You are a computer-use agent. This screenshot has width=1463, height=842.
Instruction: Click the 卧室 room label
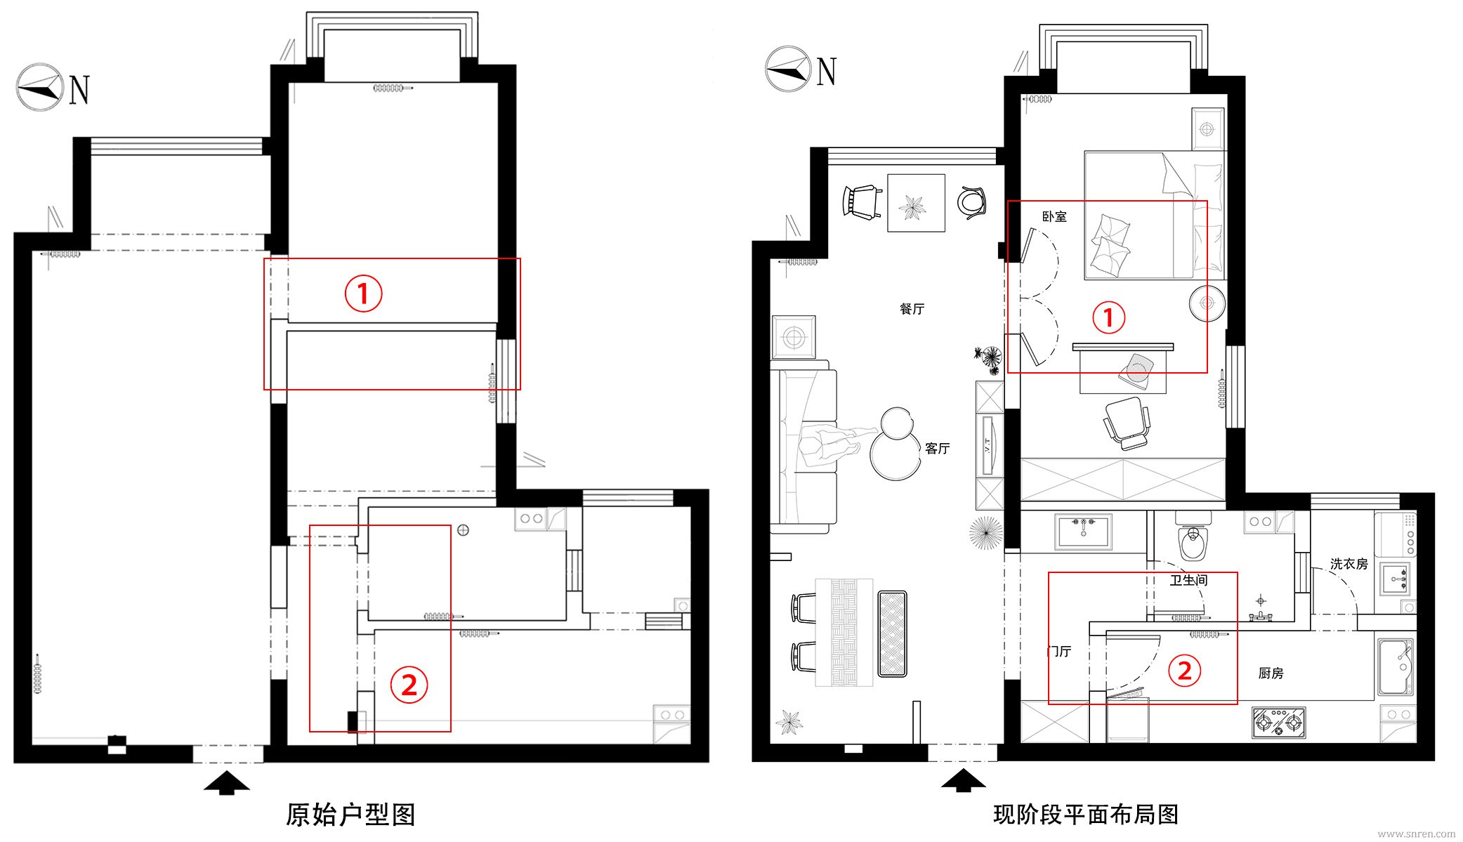click(1054, 216)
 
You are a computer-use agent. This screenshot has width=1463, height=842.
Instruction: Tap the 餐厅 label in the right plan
click(912, 308)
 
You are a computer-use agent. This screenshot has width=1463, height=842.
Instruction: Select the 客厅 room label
click(937, 448)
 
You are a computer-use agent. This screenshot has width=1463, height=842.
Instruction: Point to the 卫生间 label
click(1188, 580)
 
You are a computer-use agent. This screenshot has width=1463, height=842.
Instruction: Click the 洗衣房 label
click(1349, 564)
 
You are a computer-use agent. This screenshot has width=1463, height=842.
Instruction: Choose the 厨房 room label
click(1271, 673)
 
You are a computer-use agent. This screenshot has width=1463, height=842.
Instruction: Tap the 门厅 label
click(1059, 651)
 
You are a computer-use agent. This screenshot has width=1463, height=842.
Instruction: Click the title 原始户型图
click(350, 814)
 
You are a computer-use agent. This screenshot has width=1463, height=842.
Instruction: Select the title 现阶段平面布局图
click(1086, 814)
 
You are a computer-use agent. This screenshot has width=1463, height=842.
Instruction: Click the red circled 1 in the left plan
click(363, 293)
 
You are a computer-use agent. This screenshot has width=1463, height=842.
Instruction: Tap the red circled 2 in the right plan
click(1185, 671)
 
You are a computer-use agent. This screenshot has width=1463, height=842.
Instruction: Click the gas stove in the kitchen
click(1278, 723)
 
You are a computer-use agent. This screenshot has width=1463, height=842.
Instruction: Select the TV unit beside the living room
click(990, 445)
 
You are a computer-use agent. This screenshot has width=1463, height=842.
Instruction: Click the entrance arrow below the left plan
click(226, 782)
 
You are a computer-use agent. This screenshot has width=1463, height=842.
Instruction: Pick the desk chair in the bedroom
click(1127, 422)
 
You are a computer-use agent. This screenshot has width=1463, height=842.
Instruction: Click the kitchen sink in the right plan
click(1396, 666)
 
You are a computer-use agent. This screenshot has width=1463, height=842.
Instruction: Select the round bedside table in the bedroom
click(1207, 303)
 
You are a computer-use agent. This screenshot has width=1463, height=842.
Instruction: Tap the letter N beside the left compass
click(79, 89)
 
